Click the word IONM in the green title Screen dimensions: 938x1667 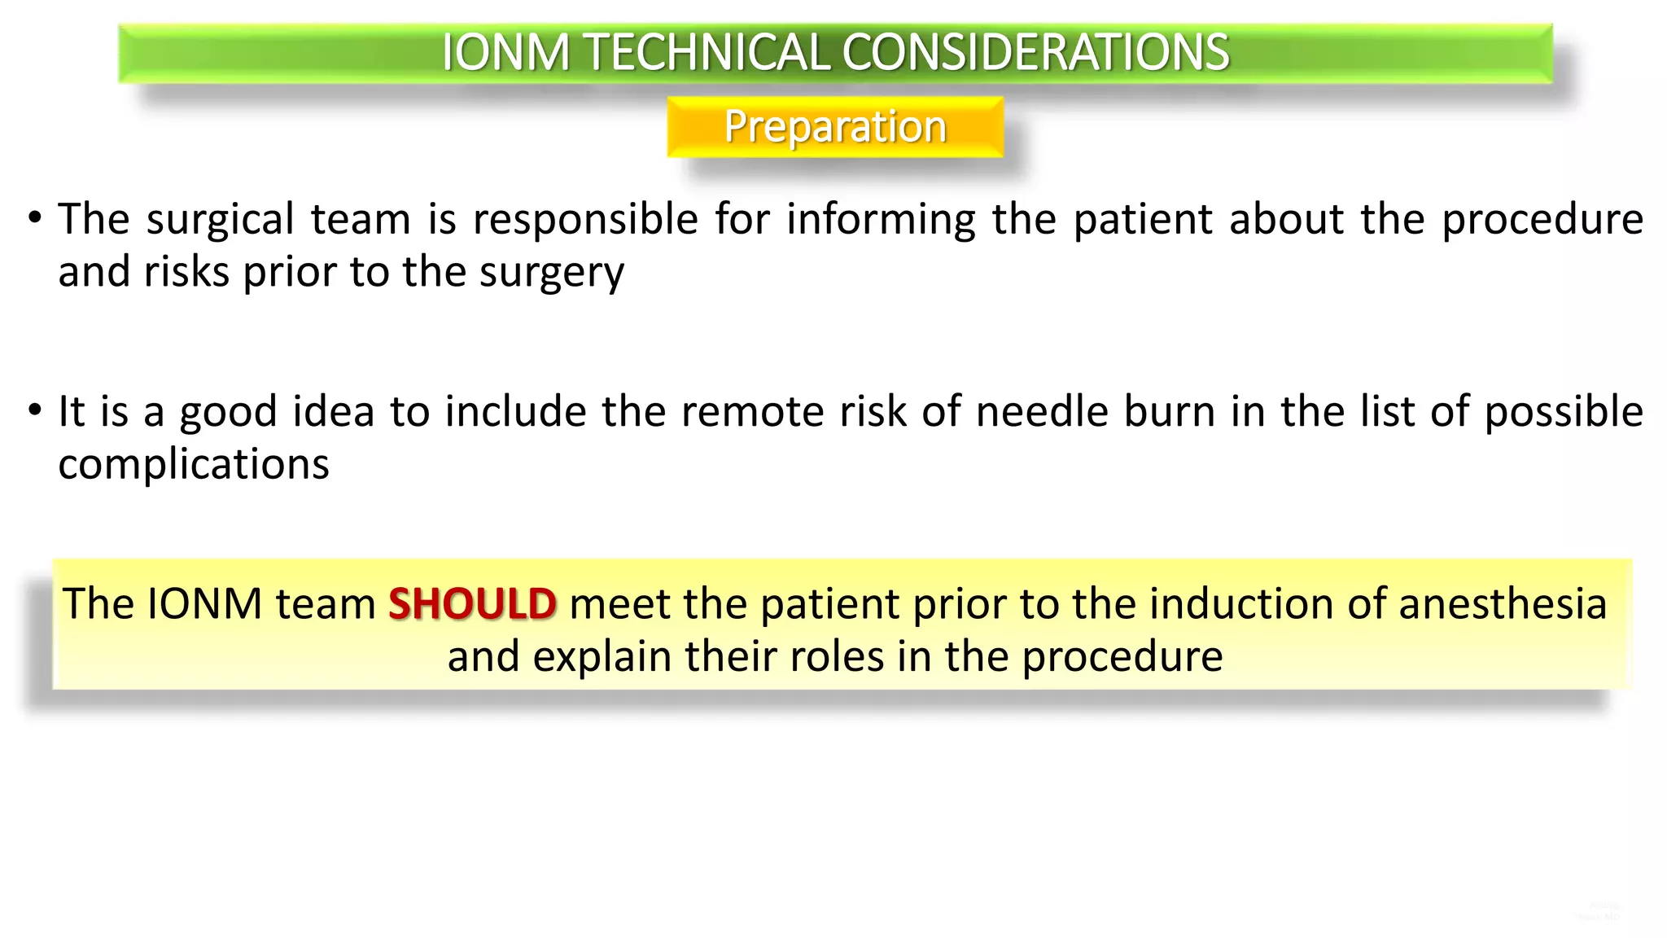(x=505, y=53)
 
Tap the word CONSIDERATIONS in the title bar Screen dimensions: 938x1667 (x=1035, y=53)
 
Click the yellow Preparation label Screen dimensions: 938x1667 (x=835, y=127)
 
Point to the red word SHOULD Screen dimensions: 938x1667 (x=472, y=604)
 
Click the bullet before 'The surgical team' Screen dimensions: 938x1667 (x=34, y=218)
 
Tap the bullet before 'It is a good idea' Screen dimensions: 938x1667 (x=34, y=410)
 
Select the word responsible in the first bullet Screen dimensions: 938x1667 (x=585, y=220)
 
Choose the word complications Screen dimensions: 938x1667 (x=194, y=465)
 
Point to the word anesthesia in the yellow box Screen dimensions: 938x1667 (x=1503, y=604)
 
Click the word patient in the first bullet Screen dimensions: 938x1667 (x=1143, y=220)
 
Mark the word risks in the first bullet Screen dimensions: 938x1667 (x=186, y=273)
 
